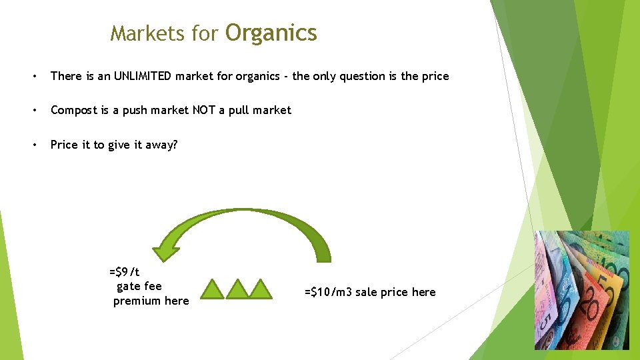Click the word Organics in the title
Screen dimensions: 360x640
click(x=271, y=33)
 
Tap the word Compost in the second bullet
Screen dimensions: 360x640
click(x=74, y=110)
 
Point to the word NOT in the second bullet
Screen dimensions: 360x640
click(x=204, y=110)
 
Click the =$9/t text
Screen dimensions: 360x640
click(x=125, y=271)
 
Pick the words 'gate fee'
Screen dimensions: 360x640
click(x=139, y=286)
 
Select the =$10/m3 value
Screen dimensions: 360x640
click(x=329, y=292)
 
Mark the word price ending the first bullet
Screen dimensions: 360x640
click(x=434, y=76)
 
